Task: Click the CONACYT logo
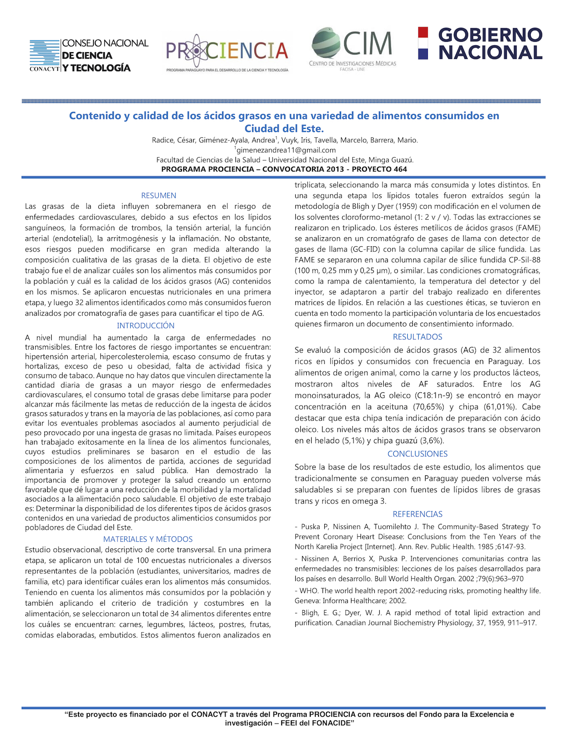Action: (89, 55)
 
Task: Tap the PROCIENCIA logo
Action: (227, 52)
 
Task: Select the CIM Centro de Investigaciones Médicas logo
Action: (352, 49)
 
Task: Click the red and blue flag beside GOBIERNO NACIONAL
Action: (423, 44)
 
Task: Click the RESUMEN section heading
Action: (159, 196)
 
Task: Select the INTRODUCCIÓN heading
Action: (146, 326)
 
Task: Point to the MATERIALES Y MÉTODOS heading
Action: (148, 539)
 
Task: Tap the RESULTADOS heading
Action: (417, 337)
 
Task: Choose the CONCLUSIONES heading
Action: (417, 454)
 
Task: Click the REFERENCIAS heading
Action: (417, 514)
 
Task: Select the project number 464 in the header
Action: (400, 169)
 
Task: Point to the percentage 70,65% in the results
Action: (434, 407)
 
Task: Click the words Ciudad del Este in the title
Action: (283, 128)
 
